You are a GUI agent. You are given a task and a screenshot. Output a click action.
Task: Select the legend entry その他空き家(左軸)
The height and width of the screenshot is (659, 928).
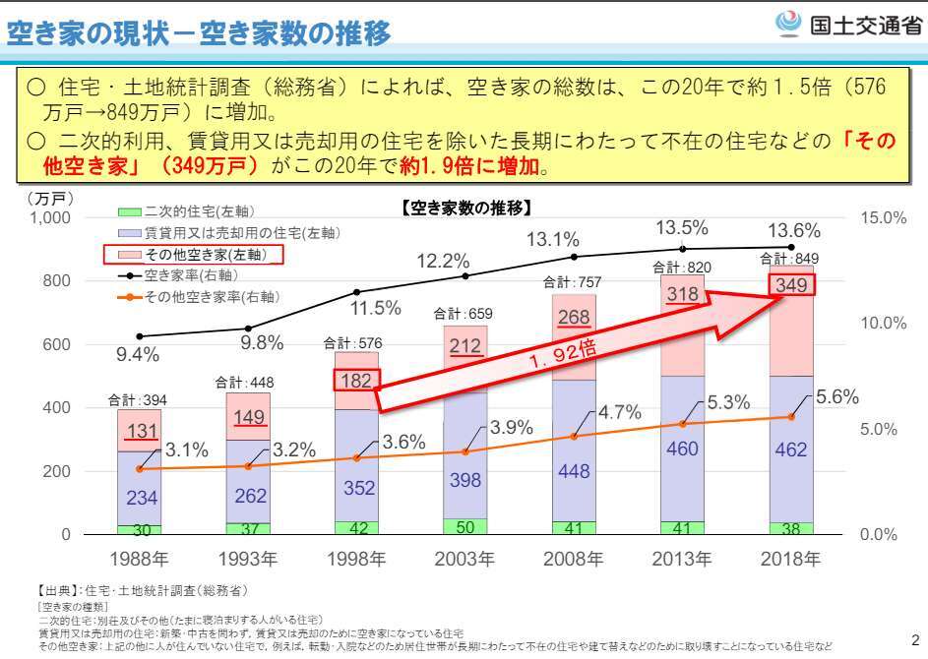[194, 255]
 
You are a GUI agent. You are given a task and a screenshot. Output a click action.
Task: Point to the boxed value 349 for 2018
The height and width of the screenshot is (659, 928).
[791, 286]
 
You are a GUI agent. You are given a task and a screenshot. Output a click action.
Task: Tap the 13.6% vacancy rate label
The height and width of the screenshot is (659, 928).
[791, 231]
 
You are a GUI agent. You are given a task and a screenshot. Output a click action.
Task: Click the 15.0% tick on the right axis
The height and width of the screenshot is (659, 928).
[883, 217]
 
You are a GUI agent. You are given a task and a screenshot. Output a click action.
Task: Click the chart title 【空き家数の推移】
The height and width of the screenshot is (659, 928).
[466, 208]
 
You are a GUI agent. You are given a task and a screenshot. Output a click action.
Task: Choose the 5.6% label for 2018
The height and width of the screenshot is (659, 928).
[837, 396]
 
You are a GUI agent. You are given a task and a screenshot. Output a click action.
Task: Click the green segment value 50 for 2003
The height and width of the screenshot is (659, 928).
[465, 527]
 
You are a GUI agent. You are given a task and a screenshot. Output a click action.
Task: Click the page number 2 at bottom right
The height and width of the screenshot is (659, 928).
[914, 635]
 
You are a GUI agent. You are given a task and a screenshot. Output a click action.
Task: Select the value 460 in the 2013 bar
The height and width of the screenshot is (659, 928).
[682, 449]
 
